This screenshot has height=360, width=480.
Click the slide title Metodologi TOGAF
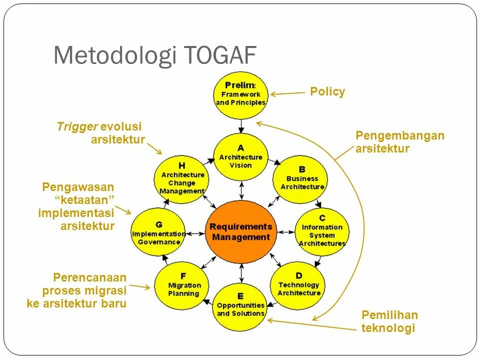[x=154, y=55]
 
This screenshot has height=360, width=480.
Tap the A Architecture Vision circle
[x=240, y=156]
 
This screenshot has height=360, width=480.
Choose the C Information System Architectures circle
[x=322, y=231]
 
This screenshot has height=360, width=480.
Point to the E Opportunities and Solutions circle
[x=240, y=306]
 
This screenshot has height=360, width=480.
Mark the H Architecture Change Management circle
[x=182, y=178]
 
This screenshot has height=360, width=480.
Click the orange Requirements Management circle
[x=240, y=231]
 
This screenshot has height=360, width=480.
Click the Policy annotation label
[x=327, y=92]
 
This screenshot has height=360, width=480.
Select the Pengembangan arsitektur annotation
[x=399, y=142]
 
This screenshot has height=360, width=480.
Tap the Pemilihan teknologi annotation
[x=389, y=322]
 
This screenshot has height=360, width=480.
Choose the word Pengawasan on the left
[x=78, y=187]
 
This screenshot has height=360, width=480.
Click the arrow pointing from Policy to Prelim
[x=287, y=93]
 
